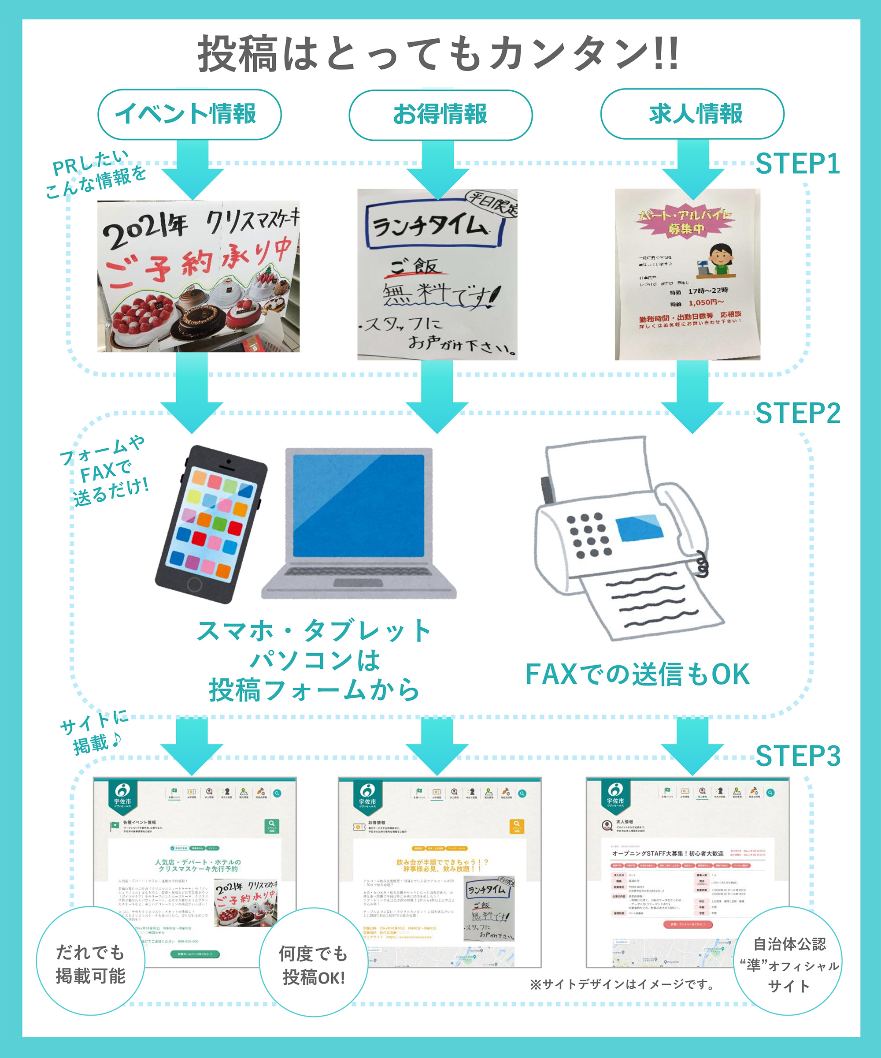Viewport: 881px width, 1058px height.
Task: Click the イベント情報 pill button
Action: tap(189, 114)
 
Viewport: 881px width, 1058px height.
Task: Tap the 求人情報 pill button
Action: tap(692, 114)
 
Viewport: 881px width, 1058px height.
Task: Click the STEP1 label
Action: tap(797, 164)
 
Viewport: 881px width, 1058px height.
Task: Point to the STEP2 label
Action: tap(797, 413)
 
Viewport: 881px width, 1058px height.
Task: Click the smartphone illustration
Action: tap(211, 524)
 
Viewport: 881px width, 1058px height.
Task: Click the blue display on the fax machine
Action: tap(638, 528)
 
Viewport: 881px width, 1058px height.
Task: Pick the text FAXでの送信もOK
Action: tap(637, 674)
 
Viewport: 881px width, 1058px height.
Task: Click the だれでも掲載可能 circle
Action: tap(91, 964)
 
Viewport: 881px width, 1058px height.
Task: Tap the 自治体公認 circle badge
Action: tap(788, 964)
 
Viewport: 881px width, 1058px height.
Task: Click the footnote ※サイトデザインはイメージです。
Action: tap(623, 984)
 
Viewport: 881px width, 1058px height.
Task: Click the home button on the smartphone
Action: tap(194, 585)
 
